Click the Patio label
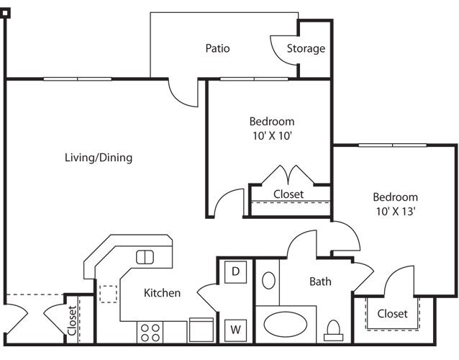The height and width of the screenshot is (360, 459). (217, 48)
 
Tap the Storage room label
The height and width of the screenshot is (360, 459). (306, 49)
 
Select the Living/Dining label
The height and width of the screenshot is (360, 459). (99, 158)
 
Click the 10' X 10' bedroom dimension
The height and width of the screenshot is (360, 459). (272, 136)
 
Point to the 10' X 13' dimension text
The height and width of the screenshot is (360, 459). (396, 211)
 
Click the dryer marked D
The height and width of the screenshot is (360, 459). (235, 272)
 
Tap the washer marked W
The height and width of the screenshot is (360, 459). (235, 330)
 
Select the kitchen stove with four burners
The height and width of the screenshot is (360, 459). (150, 332)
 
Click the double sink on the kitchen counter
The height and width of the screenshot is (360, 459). (145, 257)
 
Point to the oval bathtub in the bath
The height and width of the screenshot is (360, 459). (286, 324)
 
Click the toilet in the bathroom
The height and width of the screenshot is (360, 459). (333, 330)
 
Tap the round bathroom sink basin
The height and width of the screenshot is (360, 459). (268, 281)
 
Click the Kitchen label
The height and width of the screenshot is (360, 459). (162, 293)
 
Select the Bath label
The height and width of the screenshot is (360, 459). (321, 282)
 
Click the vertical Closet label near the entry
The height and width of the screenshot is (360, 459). (72, 320)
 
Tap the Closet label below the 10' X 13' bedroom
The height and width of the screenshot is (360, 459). (392, 314)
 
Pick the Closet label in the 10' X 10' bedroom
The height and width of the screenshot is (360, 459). (288, 194)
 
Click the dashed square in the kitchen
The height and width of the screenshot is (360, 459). (109, 294)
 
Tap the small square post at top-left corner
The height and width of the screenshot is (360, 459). (5, 13)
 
